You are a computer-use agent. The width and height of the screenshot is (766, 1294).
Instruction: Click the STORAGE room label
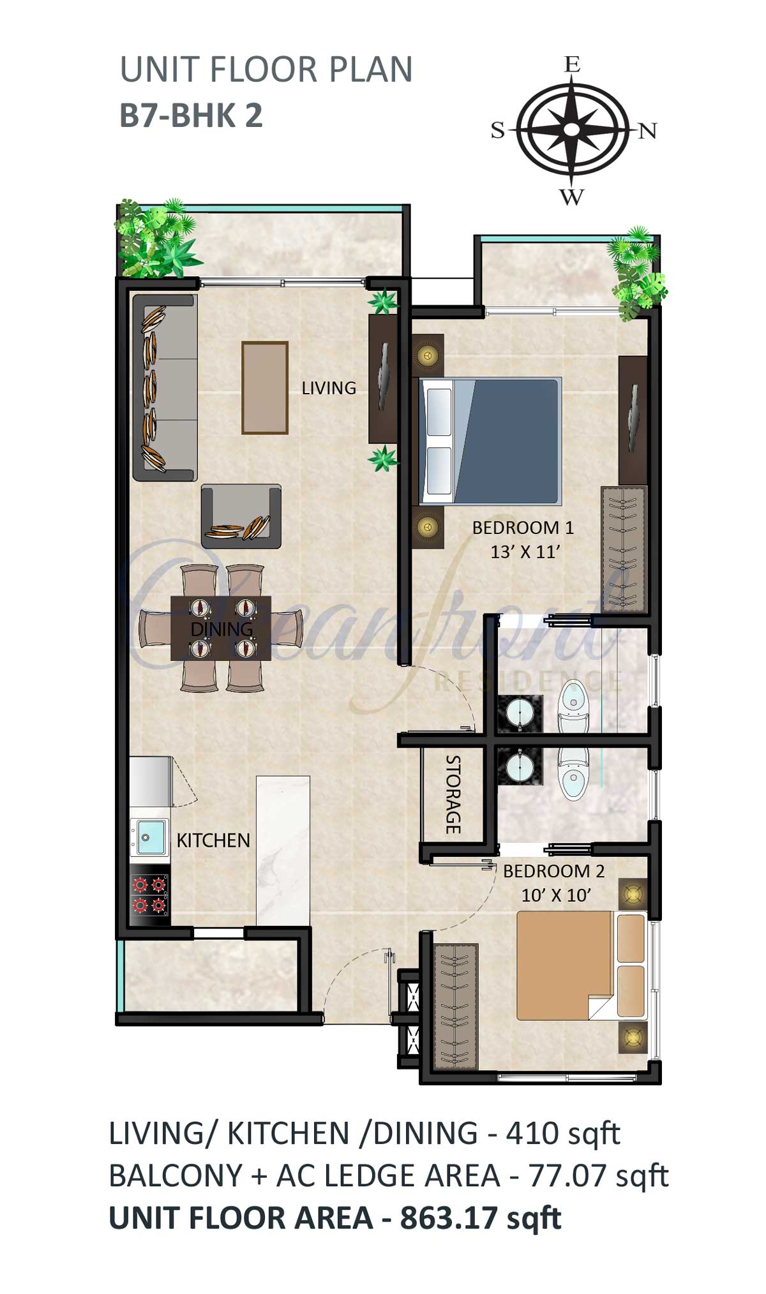pyautogui.click(x=453, y=794)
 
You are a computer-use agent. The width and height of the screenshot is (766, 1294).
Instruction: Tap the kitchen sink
pyautogui.click(x=149, y=837)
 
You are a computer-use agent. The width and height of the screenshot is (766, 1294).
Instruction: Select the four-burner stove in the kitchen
pyautogui.click(x=150, y=895)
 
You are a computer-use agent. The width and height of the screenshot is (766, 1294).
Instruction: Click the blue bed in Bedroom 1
pyautogui.click(x=490, y=441)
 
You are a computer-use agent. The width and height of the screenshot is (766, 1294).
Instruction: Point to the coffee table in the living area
pyautogui.click(x=265, y=387)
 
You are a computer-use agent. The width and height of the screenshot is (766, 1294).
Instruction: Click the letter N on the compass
pyautogui.click(x=647, y=131)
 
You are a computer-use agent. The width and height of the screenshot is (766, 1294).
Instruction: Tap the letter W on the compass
pyautogui.click(x=572, y=197)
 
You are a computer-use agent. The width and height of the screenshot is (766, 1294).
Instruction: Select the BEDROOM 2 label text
pyautogui.click(x=553, y=871)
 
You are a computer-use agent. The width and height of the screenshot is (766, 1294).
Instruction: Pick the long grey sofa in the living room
pyautogui.click(x=164, y=388)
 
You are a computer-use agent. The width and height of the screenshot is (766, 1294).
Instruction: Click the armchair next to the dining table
pyautogui.click(x=241, y=516)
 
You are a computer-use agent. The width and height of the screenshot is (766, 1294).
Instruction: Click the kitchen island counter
pyautogui.click(x=283, y=850)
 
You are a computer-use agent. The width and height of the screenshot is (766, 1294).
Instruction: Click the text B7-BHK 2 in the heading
pyautogui.click(x=191, y=116)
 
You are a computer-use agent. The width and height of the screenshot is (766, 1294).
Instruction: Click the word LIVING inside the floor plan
pyautogui.click(x=329, y=388)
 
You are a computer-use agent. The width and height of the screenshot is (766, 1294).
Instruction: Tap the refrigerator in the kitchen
pyautogui.click(x=151, y=782)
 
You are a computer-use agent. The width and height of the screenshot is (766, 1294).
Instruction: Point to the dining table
pyautogui.click(x=221, y=628)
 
